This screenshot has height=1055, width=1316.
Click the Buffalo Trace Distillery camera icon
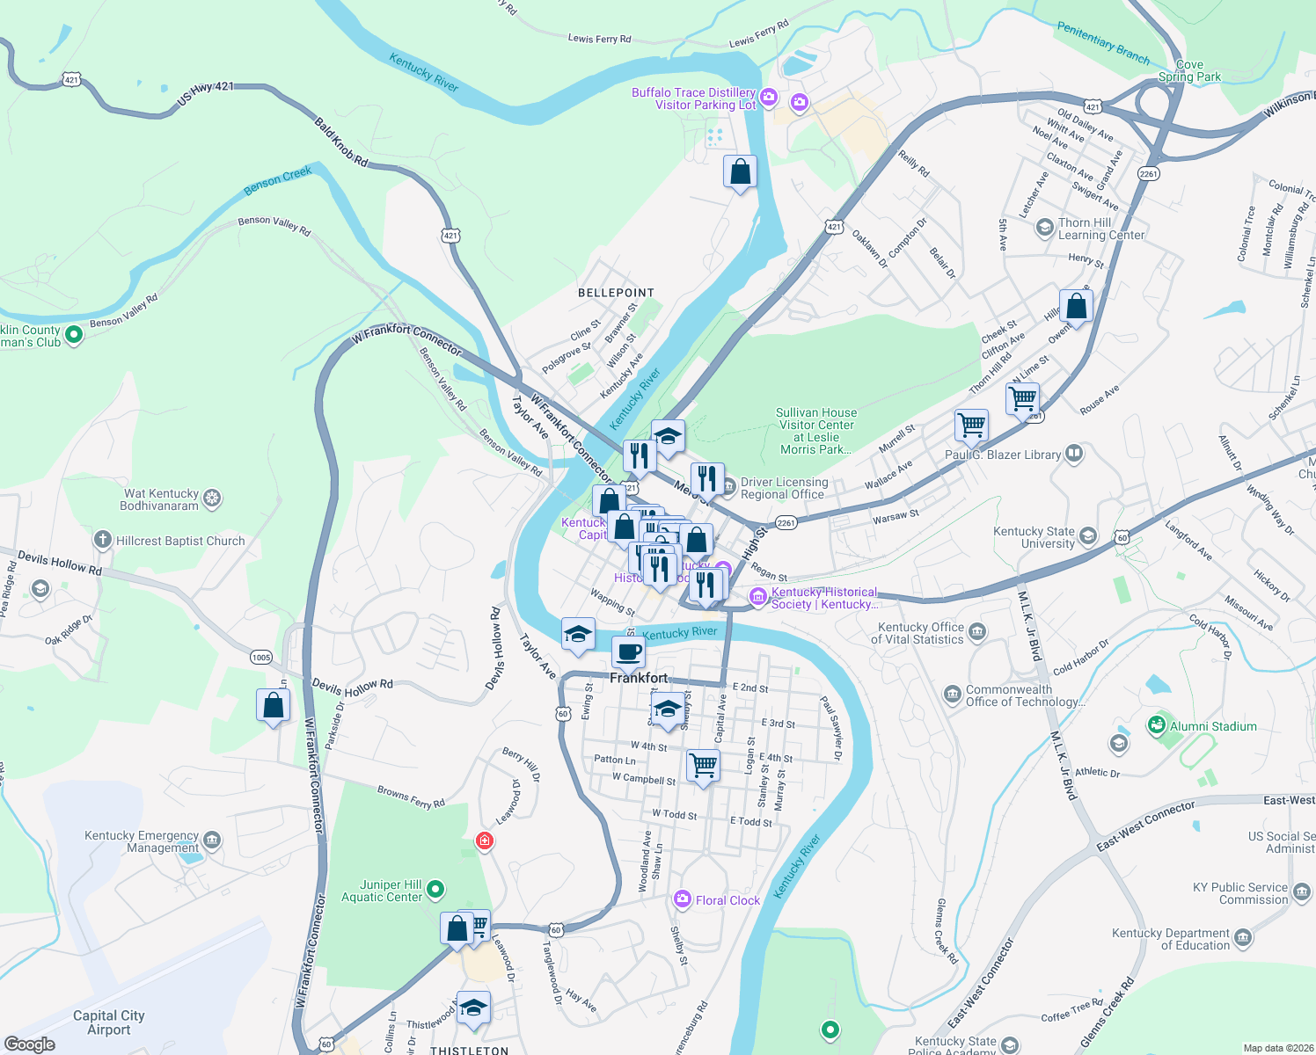(769, 97)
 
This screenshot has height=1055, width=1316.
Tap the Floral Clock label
(727, 900)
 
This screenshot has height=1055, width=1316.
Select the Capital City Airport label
(109, 1022)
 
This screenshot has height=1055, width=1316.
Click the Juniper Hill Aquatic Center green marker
(435, 891)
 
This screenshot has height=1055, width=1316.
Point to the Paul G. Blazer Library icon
(1073, 454)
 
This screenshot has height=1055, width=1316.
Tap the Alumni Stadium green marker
(1156, 726)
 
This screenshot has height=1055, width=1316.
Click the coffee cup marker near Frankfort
(628, 652)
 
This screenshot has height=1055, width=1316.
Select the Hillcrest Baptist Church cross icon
(103, 540)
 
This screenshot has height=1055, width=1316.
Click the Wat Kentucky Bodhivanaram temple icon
(212, 499)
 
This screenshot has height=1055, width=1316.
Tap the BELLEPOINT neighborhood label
(616, 293)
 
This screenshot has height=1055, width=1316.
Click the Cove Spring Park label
(1189, 70)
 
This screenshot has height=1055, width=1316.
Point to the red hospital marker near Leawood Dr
(484, 841)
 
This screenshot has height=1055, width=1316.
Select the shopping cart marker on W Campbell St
(703, 765)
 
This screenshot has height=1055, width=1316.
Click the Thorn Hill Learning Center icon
(1044, 229)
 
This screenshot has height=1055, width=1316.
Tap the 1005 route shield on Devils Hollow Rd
(261, 658)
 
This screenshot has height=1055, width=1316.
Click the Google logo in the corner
(30, 1044)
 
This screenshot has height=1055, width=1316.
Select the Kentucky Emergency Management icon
(212, 841)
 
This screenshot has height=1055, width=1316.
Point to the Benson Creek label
(278, 180)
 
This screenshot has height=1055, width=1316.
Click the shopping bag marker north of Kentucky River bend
(740, 171)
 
